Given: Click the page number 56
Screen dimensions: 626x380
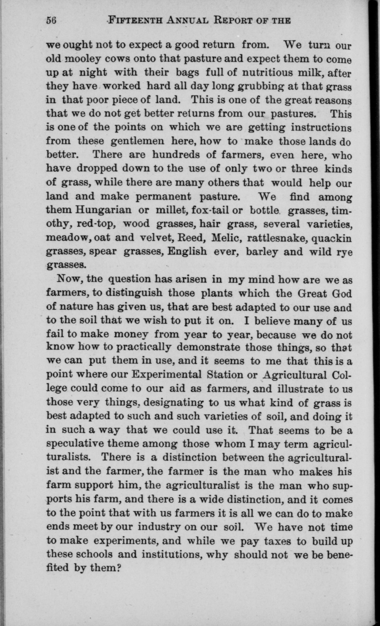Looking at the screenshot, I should click(51, 20).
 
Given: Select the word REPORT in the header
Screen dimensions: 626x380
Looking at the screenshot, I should click(231, 20).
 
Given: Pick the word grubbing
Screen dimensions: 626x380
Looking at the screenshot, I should click(260, 86).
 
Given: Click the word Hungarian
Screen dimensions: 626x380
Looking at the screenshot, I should click(103, 210).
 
